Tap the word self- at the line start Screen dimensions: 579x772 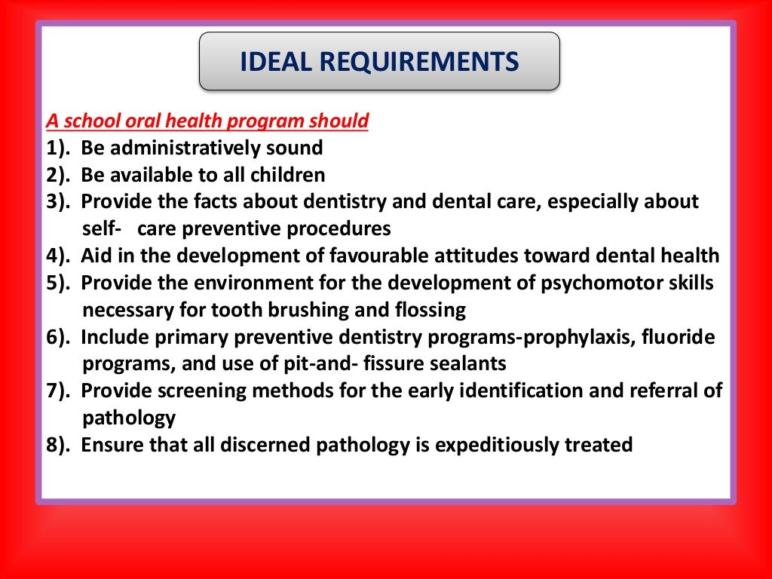102,229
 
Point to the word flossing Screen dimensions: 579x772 430,311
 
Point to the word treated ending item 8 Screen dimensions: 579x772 599,446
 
